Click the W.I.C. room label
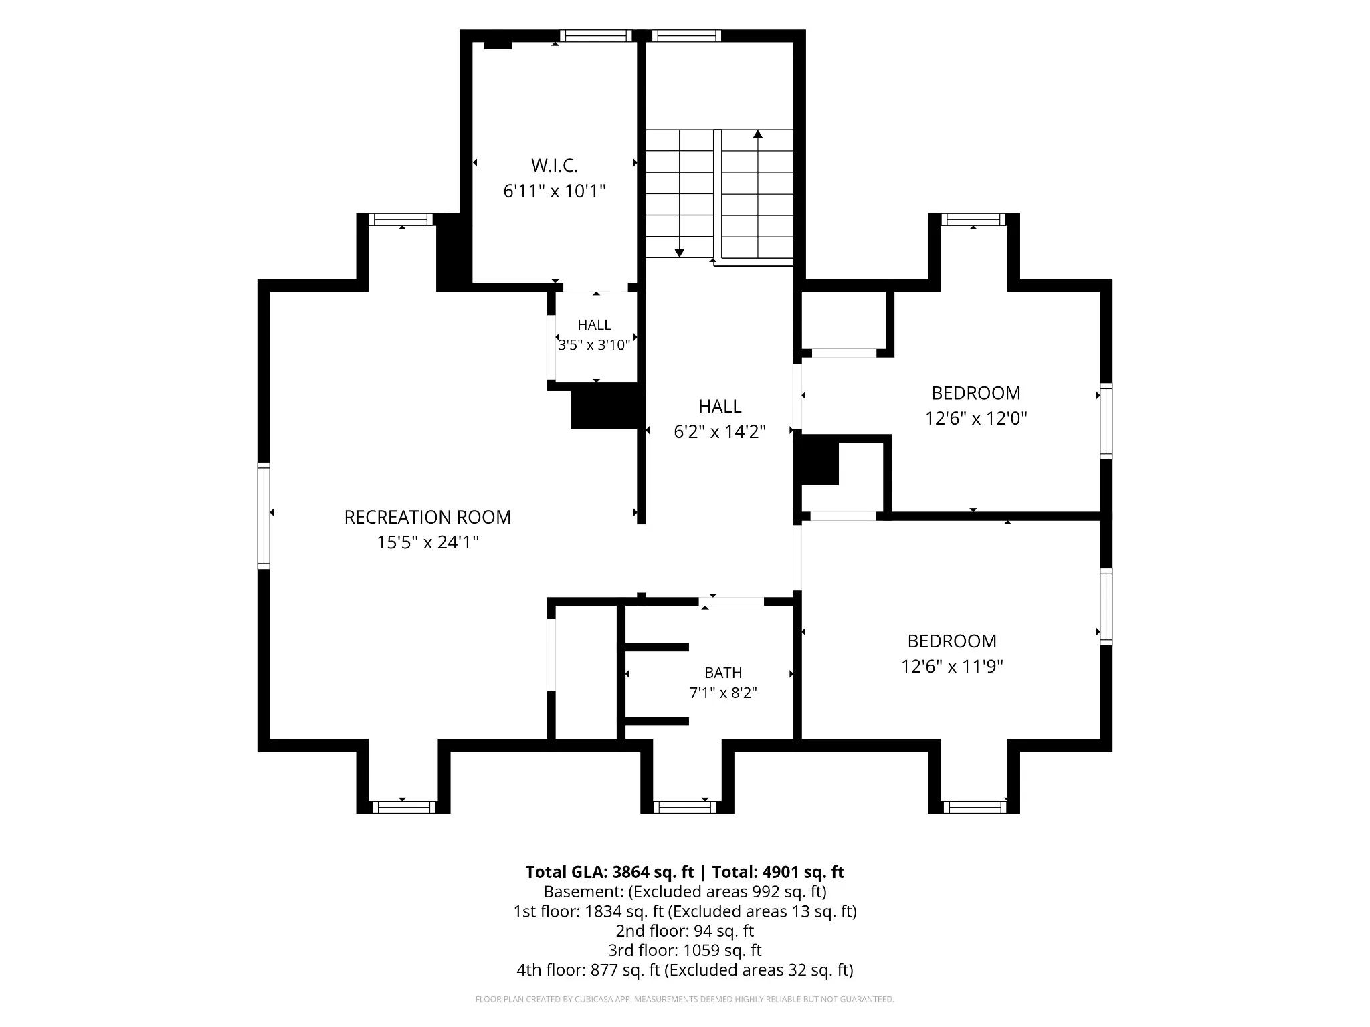coord(555,165)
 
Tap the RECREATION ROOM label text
coord(427,517)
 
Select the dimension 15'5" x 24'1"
coord(427,542)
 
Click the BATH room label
coord(723,673)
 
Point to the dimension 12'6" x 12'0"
coord(976,419)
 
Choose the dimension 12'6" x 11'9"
coord(952,667)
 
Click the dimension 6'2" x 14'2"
coord(720,432)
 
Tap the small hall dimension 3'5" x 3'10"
coord(595,345)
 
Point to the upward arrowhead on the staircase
coord(758,134)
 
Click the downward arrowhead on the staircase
coord(680,253)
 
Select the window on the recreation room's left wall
coord(264,516)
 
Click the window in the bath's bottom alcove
coord(686,807)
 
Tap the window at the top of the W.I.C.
coord(596,36)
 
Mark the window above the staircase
coord(686,36)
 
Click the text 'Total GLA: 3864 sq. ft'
coord(609,872)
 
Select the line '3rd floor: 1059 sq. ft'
coord(685,950)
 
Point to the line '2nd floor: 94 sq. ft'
coord(685,931)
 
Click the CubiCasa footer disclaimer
coord(685,1000)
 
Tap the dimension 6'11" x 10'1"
coord(555,191)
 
